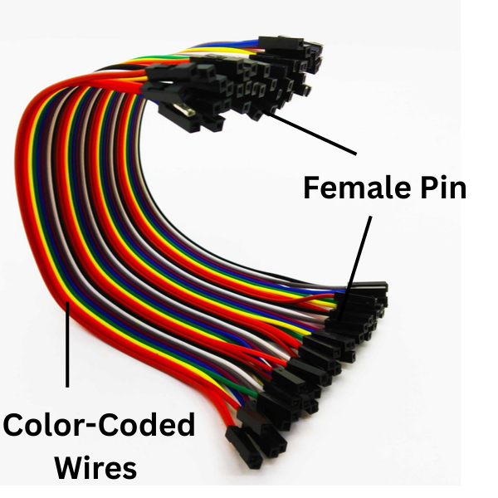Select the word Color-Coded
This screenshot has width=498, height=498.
tap(99, 424)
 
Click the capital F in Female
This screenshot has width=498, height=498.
tap(312, 188)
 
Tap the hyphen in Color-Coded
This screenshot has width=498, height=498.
tap(92, 427)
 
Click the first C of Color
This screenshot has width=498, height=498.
tap(13, 425)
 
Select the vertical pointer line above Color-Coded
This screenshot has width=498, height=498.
tap(67, 344)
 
